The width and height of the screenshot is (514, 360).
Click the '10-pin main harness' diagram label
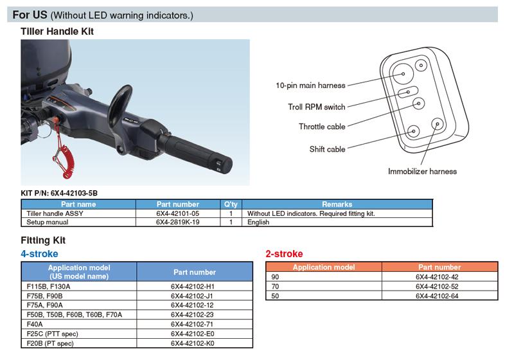[310, 85]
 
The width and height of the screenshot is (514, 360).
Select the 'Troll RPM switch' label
[317, 107]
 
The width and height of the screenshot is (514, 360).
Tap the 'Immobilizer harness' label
[422, 171]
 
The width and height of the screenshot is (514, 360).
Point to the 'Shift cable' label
[327, 149]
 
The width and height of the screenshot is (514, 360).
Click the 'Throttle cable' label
[322, 127]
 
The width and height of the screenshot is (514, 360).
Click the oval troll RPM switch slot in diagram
[408, 92]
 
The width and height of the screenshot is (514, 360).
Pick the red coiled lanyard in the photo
[62, 150]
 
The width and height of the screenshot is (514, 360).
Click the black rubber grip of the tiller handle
[196, 152]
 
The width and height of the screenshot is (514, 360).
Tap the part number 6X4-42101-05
[178, 213]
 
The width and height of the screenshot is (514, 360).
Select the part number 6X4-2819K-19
[178, 222]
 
